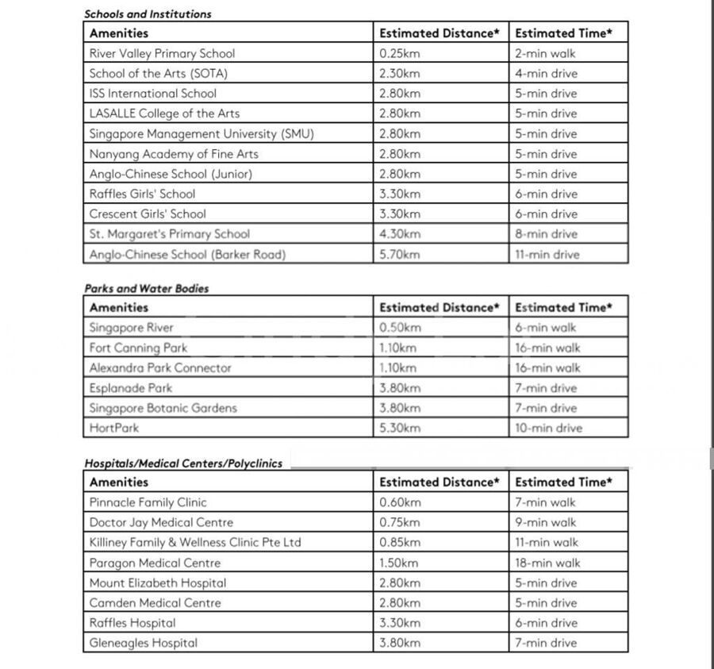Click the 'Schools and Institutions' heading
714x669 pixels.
pos(148,13)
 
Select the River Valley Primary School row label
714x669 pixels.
pos(162,54)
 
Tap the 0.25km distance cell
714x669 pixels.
pos(400,54)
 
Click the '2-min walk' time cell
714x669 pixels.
pos(546,54)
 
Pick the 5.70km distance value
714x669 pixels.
pos(400,255)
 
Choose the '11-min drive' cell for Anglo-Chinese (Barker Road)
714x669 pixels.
pos(547,255)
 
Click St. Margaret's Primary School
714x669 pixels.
pos(169,234)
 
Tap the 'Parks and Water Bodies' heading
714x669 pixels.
pos(147,288)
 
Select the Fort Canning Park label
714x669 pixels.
pos(138,348)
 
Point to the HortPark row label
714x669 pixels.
pos(113,428)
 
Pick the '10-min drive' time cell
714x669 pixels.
pos(549,428)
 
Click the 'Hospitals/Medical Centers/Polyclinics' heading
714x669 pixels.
pos(183,463)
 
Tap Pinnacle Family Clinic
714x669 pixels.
pos(148,502)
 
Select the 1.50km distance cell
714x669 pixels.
pos(400,563)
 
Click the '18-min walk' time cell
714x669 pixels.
pos(547,563)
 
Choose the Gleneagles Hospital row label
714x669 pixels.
pos(143,643)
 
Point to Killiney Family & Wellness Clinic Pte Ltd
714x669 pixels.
pos(195,543)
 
